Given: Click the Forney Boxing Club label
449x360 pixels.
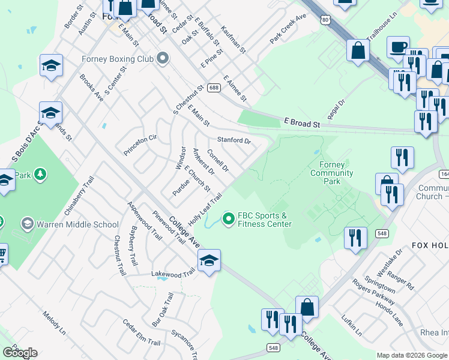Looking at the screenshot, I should (x=118, y=59).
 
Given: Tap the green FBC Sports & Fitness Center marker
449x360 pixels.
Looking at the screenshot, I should (x=228, y=220).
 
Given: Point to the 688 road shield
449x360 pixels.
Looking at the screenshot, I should (x=214, y=88).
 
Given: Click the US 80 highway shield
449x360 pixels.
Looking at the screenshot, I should (x=325, y=20).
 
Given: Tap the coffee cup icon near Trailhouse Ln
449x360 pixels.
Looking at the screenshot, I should (x=399, y=47).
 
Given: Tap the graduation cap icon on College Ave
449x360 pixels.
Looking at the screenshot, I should (x=209, y=261).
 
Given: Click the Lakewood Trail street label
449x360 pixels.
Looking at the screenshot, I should (x=173, y=273).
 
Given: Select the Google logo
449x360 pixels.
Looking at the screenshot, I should (x=20, y=353).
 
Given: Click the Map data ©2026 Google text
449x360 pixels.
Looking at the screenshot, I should (x=412, y=355).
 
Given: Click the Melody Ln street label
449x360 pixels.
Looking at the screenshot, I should (x=54, y=322).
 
